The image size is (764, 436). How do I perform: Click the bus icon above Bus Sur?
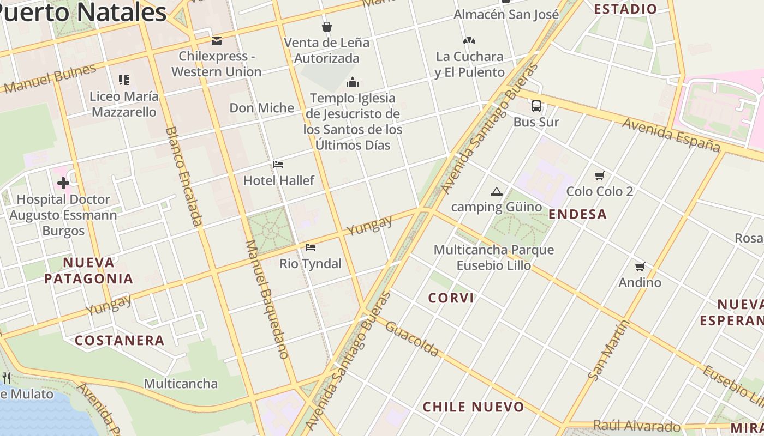click(x=536, y=106)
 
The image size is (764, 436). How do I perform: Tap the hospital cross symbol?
click(x=63, y=183)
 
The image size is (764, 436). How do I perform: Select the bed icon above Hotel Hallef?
click(x=278, y=165)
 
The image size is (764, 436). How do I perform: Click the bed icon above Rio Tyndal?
click(x=311, y=247)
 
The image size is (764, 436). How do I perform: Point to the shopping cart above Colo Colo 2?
click(x=600, y=175)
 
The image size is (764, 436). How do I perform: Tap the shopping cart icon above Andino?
click(x=640, y=267)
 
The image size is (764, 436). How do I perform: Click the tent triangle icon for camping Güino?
click(x=496, y=191)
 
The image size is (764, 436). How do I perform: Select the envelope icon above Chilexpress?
click(x=217, y=40)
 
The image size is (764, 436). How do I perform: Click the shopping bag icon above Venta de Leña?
click(x=327, y=27)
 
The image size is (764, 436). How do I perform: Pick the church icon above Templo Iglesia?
click(x=353, y=82)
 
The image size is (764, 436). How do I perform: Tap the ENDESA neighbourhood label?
click(x=578, y=214)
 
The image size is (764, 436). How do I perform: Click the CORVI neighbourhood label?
click(x=451, y=298)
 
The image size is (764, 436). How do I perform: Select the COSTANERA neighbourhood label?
click(x=120, y=341)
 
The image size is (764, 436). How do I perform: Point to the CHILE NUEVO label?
click(x=474, y=407)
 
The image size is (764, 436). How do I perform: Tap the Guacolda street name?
click(x=412, y=338)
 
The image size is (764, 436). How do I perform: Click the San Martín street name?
click(x=609, y=350)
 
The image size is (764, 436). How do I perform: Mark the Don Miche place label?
click(x=262, y=108)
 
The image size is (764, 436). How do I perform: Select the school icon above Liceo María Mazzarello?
click(x=124, y=80)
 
